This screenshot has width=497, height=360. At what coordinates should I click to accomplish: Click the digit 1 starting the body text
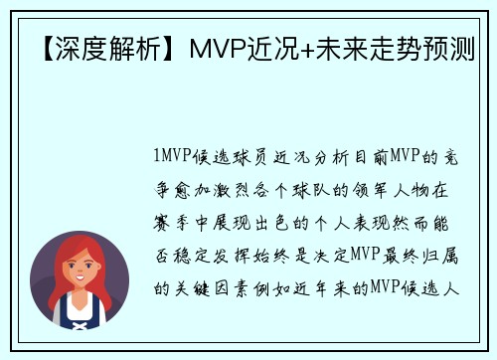pos(160,156)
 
